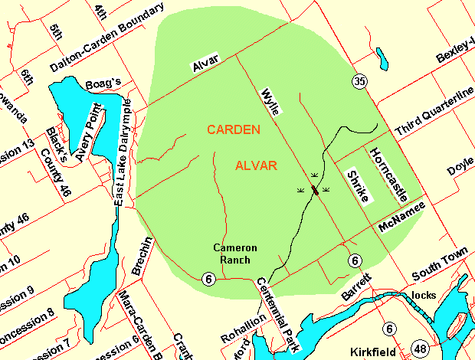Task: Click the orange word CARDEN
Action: (234, 129)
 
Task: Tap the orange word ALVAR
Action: (256, 165)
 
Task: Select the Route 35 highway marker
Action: (359, 80)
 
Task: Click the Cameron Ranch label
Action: (235, 254)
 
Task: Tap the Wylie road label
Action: (272, 100)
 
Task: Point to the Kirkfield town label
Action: (373, 352)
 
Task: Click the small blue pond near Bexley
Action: (380, 57)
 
